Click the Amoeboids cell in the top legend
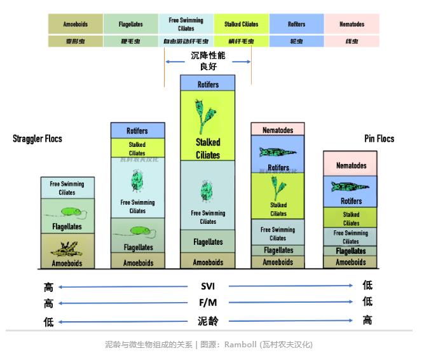75,24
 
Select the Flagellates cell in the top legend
130,24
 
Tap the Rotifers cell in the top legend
296,24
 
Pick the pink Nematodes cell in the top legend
352,24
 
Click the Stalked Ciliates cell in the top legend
242,24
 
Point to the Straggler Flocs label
38,139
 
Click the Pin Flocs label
379,139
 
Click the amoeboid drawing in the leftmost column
67,248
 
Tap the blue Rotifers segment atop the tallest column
208,83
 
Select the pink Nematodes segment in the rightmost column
351,165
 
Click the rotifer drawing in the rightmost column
351,186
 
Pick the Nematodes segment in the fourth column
278,130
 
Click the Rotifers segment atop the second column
137,130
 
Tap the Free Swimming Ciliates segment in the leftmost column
67,188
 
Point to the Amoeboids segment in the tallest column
208,261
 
